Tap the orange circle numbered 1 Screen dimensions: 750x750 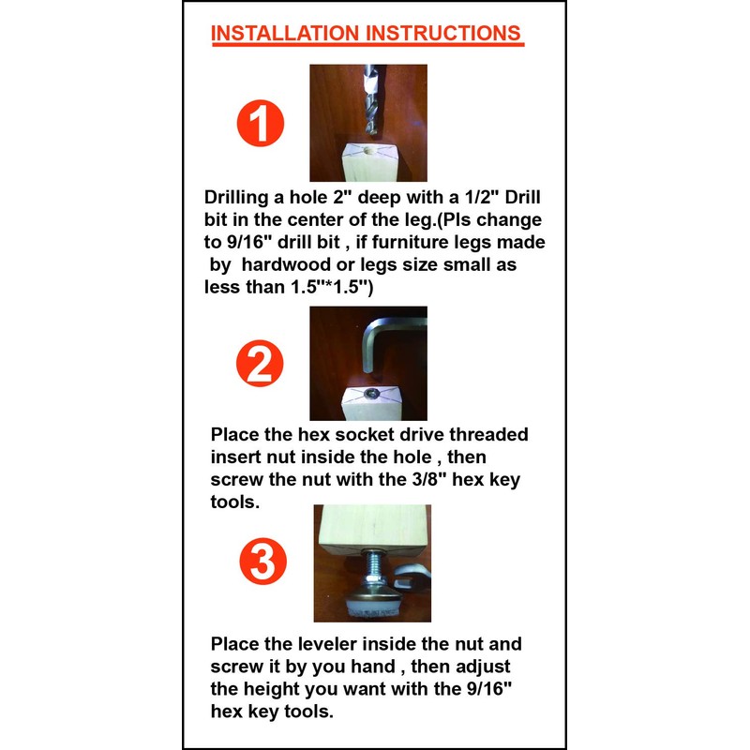260,124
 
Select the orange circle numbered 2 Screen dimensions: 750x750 260,366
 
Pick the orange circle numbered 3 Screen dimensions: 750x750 260,563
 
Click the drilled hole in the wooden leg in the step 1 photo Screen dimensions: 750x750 367,150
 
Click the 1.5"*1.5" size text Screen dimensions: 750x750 328,288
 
